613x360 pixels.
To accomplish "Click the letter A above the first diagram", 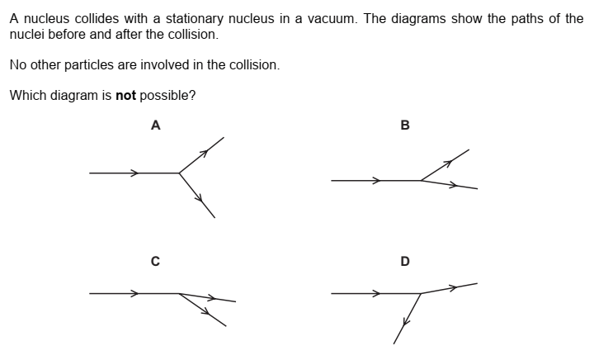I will coord(155,126).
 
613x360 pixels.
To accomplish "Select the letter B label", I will coord(404,126).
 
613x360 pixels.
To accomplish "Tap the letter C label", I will coord(155,262).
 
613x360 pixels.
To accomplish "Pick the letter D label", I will coord(404,262).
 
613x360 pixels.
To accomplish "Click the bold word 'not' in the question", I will coord(125,95).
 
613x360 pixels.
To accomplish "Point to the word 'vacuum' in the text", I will coord(330,19).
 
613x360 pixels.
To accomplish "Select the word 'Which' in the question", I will coord(26,95).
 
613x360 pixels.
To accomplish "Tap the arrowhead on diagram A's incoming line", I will coord(134,173).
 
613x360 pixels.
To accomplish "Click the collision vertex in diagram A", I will coord(179,173).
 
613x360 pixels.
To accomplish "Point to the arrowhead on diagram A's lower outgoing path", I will coord(199,197).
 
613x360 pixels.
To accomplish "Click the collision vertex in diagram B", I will coord(421,180).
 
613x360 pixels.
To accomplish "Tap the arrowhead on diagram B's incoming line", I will coord(376,180).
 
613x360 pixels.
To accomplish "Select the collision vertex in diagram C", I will coord(179,293).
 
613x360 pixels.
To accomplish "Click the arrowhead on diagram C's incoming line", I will coord(134,293).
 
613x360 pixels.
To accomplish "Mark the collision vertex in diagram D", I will coord(421,293).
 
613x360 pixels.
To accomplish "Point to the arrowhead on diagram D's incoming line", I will coord(376,293).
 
